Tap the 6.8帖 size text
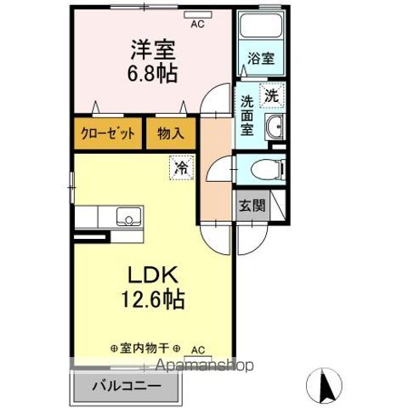(153, 74)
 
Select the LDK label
(153, 276)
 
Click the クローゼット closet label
(108, 134)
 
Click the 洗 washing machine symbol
(272, 96)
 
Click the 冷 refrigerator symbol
(182, 167)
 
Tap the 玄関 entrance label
(251, 205)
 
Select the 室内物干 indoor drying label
(144, 348)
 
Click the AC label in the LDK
(197, 349)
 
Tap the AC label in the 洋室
(197, 24)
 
